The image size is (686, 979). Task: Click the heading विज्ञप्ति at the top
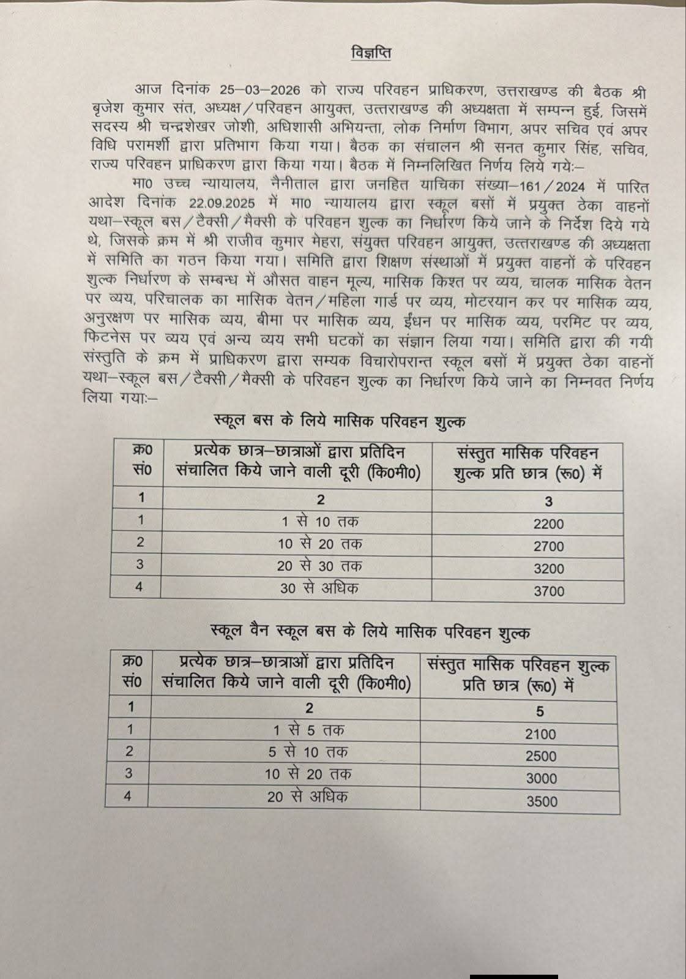click(x=371, y=53)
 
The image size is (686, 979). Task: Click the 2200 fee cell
click(x=548, y=524)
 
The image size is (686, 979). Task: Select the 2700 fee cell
click(x=548, y=546)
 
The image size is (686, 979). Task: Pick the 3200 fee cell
click(x=548, y=569)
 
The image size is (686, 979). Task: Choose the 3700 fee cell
click(x=548, y=591)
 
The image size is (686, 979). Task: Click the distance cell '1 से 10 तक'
click(x=320, y=522)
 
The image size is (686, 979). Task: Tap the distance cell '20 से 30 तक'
click(x=319, y=566)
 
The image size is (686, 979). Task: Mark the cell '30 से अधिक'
click(x=319, y=588)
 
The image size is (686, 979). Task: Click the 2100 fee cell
click(x=540, y=734)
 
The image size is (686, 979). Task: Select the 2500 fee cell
click(x=540, y=756)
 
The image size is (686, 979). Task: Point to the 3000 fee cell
click(x=542, y=779)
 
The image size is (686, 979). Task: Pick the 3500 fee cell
click(x=542, y=801)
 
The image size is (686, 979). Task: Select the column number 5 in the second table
click(x=540, y=711)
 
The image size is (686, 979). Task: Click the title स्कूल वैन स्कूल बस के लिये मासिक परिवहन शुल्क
click(x=370, y=632)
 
